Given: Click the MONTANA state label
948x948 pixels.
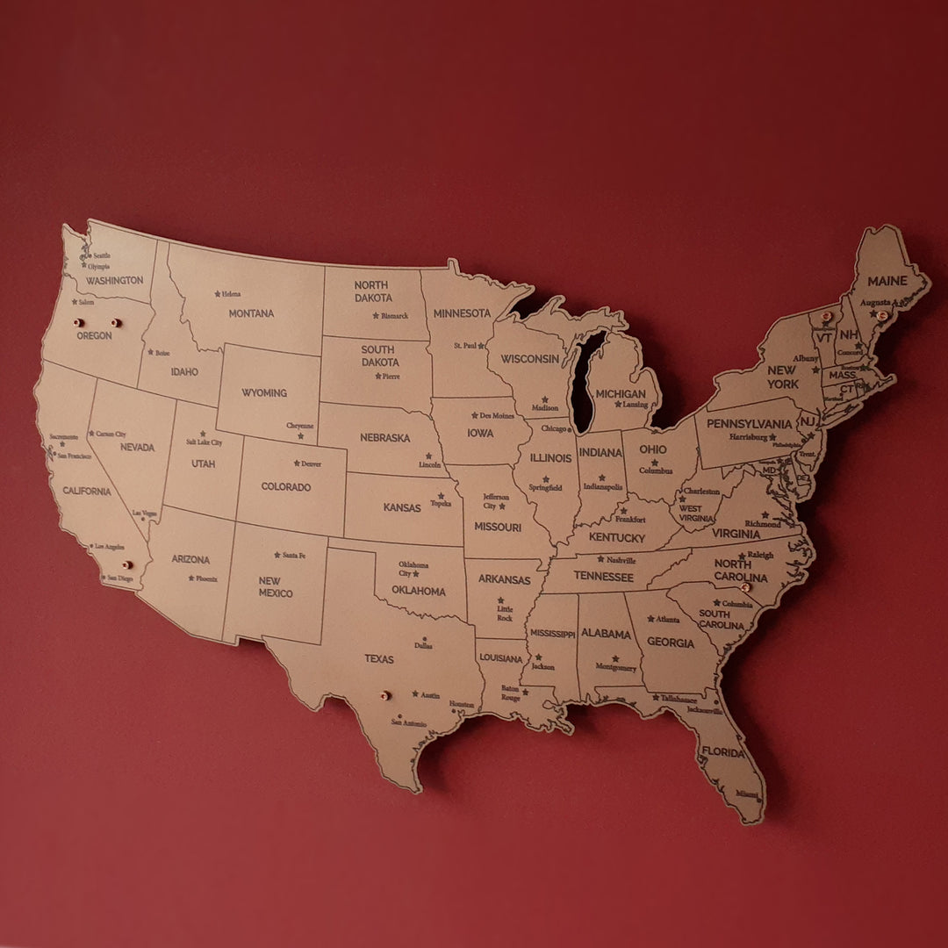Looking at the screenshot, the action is coord(251,313).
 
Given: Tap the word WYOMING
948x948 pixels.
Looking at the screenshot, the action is coord(264,393).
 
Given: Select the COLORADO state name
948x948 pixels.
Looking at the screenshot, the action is coord(285,487).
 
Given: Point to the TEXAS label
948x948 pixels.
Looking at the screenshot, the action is coord(379,659).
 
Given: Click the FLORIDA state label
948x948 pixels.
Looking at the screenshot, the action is coord(722,752).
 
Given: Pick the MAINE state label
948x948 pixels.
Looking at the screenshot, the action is coord(887,282).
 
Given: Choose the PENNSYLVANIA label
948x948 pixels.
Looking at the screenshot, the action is coord(750,424).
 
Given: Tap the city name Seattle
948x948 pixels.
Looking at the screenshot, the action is coord(102,256).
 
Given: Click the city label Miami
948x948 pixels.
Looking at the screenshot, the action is coord(748,794).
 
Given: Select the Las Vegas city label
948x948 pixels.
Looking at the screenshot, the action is coord(145,513).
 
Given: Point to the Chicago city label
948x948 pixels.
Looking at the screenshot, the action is coord(553,429).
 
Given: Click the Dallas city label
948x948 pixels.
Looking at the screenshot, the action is coord(423,646).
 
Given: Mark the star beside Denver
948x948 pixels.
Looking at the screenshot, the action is coord(296,463).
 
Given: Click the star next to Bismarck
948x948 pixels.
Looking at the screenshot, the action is coord(376,315).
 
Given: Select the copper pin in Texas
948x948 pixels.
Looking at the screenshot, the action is coord(384,695).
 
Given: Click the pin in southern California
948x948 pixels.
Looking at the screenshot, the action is coord(126,565).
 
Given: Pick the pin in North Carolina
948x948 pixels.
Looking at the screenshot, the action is coord(747,586).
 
